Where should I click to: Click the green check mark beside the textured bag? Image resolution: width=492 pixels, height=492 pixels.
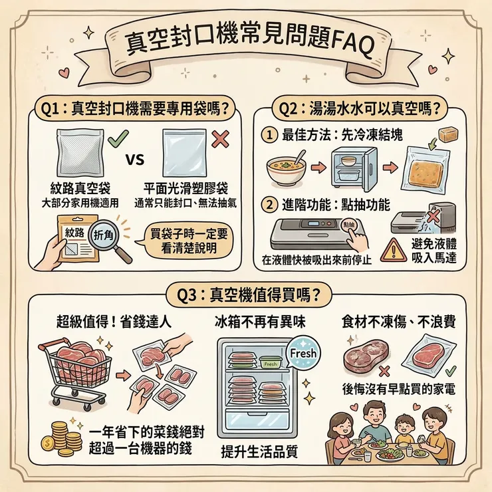(117, 140)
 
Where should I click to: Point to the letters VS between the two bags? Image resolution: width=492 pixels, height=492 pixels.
(136, 160)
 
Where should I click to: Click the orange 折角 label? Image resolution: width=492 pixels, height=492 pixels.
(104, 235)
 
